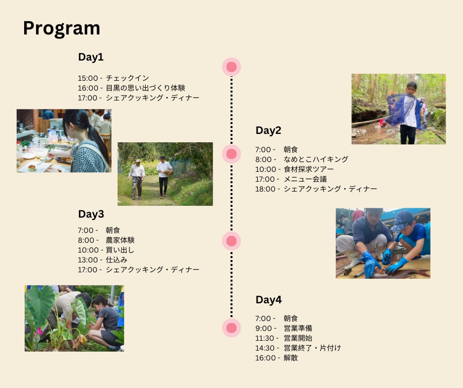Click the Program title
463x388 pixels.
coord(62,29)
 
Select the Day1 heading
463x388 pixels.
coord(91,57)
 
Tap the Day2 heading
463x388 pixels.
coord(268,130)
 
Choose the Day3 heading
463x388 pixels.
coord(91,214)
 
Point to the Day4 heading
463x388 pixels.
coord(268,300)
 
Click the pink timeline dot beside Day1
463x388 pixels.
coord(231,67)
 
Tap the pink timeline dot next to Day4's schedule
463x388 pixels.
coord(231,328)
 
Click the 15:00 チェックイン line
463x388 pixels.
coord(113,78)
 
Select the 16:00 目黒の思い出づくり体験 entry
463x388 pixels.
coord(132,88)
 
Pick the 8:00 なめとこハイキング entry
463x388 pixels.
coord(302,160)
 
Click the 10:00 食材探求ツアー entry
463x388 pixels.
coord(295,169)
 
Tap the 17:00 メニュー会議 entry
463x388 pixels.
coord(291,179)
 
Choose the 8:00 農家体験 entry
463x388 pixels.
coord(106,240)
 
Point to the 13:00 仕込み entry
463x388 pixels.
coord(102,260)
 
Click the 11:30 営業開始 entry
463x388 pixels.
coord(284,338)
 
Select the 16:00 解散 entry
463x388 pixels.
coord(276,358)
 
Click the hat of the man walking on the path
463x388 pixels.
coord(137,161)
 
